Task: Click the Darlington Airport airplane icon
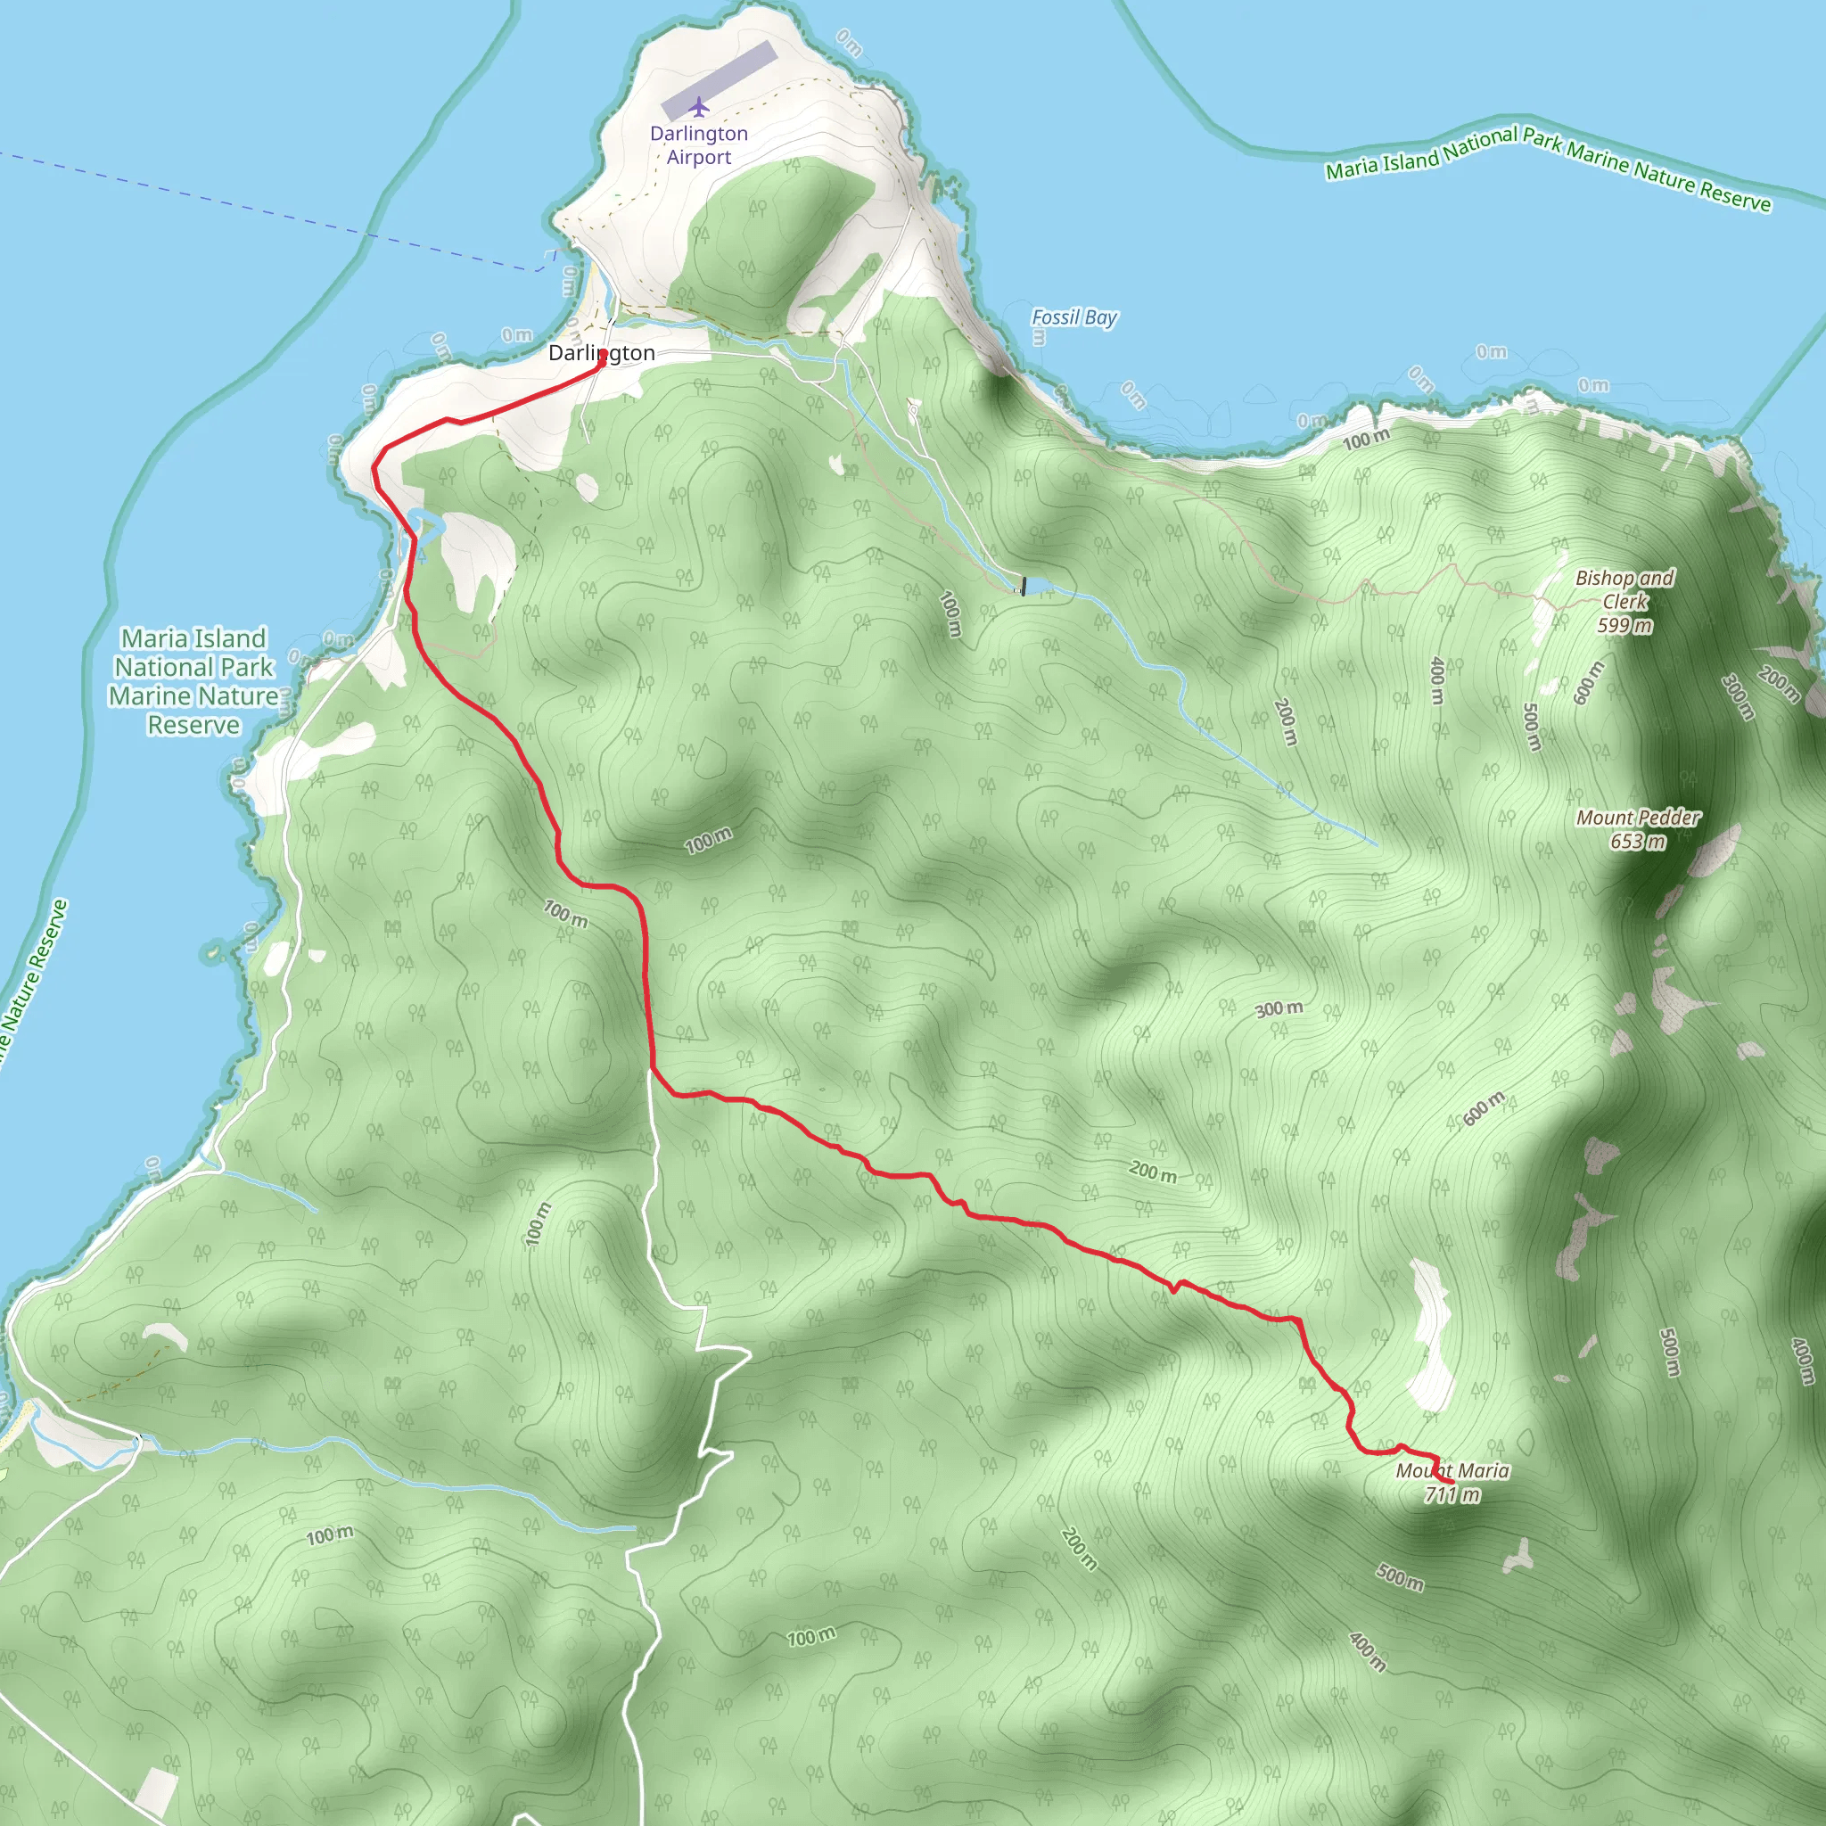(x=698, y=106)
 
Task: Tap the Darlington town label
(x=601, y=353)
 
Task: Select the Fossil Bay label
(x=1073, y=317)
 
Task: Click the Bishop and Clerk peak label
(x=1624, y=588)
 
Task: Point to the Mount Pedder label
(x=1638, y=818)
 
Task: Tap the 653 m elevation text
(x=1638, y=841)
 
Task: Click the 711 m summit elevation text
(x=1452, y=1494)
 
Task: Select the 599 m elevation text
(x=1624, y=625)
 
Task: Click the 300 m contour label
(x=1279, y=1009)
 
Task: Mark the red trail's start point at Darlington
(x=602, y=358)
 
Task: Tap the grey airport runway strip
(x=720, y=80)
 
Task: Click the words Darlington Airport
(x=698, y=144)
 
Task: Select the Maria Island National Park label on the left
(x=193, y=680)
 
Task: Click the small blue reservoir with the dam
(x=1038, y=587)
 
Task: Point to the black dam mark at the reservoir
(x=1023, y=586)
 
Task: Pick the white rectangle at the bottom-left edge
(x=157, y=1790)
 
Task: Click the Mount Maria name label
(x=1452, y=1470)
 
